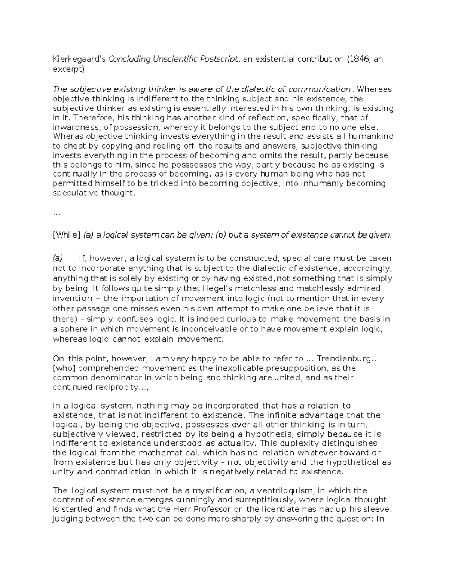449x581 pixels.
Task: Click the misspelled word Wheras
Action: pos(65,137)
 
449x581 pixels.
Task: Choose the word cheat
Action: pos(72,146)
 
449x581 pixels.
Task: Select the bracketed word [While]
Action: pos(67,235)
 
